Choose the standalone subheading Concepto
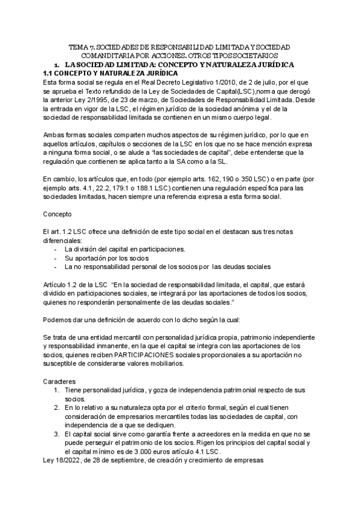click(58, 214)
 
